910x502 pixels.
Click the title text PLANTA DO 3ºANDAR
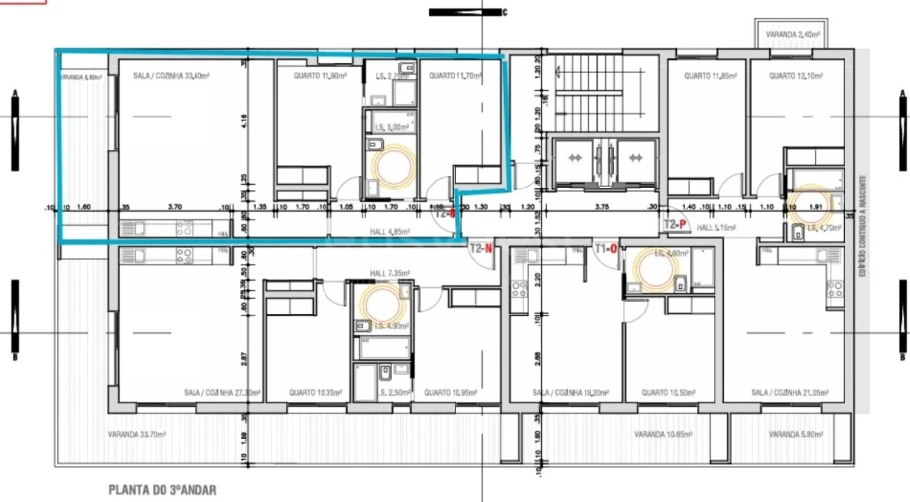pyautogui.click(x=162, y=490)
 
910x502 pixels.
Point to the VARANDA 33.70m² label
pyautogui.click(x=137, y=435)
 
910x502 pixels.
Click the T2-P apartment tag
pyautogui.click(x=675, y=226)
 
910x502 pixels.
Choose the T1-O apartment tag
pyautogui.click(x=606, y=248)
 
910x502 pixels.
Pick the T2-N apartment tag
pyautogui.click(x=481, y=248)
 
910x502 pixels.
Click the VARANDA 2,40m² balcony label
pyautogui.click(x=794, y=35)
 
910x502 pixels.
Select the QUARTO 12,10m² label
pyautogui.click(x=795, y=75)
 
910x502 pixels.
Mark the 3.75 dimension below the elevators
pyautogui.click(x=600, y=208)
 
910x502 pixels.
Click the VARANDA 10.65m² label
pyautogui.click(x=663, y=435)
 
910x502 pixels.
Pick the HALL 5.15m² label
pyautogui.click(x=716, y=227)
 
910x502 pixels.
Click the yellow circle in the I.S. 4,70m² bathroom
pyautogui.click(x=809, y=201)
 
